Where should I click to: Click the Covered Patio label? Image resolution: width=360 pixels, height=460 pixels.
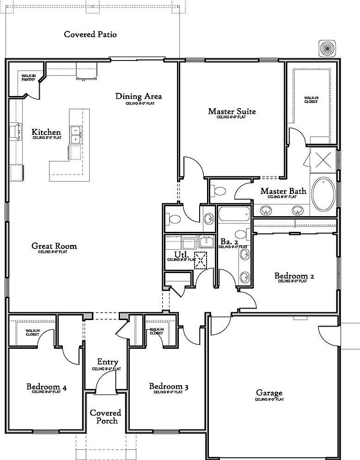[x=90, y=34]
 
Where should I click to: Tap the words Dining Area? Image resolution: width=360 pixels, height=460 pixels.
[x=139, y=96]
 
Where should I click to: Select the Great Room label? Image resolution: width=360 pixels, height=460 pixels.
[x=54, y=246]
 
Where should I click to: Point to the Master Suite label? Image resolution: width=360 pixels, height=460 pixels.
[x=232, y=111]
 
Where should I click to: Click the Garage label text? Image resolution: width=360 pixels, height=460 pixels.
[x=269, y=393]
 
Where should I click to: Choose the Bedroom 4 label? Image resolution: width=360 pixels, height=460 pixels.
[x=46, y=387]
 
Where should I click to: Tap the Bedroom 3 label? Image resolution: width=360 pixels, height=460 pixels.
[x=168, y=386]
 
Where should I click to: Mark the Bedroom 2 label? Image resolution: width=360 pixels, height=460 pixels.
[x=294, y=276]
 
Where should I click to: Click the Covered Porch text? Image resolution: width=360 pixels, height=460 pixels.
[x=105, y=416]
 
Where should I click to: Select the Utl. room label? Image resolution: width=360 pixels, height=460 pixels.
[x=180, y=254]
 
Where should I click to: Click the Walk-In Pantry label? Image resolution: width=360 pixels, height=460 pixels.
[x=28, y=77]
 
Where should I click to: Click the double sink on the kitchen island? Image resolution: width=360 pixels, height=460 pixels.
[x=76, y=135]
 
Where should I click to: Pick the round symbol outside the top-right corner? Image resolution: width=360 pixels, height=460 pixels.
[x=327, y=48]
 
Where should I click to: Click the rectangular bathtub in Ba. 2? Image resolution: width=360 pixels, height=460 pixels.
[x=233, y=213]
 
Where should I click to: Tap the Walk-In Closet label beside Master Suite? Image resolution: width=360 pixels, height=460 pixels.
[x=311, y=99]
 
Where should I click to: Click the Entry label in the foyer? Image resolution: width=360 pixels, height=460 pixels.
[x=107, y=362]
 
